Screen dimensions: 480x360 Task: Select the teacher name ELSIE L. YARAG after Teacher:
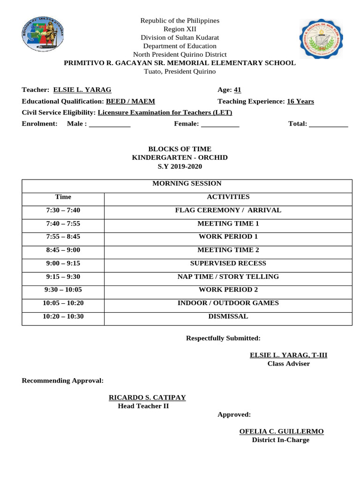click(82, 90)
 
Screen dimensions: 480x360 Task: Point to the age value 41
click(237, 90)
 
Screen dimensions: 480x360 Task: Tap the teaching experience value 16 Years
click(300, 101)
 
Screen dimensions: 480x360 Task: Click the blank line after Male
click(110, 124)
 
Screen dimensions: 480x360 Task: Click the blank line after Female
click(220, 124)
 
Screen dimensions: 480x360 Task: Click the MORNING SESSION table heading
click(187, 184)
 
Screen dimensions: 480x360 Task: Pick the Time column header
click(63, 197)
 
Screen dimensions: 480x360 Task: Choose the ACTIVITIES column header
click(228, 197)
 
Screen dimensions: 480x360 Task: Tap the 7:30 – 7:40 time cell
click(63, 210)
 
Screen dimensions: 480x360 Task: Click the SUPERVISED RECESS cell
click(228, 263)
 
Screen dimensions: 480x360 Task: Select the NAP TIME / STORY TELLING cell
click(228, 277)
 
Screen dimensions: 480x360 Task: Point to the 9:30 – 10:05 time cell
click(63, 290)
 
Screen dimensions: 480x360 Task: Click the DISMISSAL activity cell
click(228, 316)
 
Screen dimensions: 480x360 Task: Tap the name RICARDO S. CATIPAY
click(147, 397)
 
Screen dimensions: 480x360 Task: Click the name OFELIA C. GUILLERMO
click(281, 431)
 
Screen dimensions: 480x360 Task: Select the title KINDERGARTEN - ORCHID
click(180, 157)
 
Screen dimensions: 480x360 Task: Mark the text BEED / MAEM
click(130, 101)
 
